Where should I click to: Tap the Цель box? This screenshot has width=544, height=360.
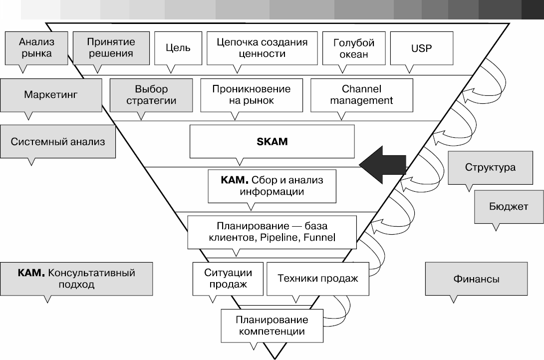click(178, 48)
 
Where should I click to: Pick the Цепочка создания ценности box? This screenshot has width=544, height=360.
click(262, 48)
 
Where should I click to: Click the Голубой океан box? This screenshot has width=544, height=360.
click(353, 48)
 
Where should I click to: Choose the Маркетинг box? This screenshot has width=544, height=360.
click(51, 94)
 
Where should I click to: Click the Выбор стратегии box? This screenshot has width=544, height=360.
click(151, 94)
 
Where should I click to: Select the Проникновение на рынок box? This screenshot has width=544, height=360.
click(251, 94)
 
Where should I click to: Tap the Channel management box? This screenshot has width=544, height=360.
click(361, 94)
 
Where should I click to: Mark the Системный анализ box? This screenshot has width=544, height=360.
click(58, 141)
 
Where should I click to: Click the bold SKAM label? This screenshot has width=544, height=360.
click(272, 141)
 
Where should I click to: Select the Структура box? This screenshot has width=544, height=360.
click(490, 167)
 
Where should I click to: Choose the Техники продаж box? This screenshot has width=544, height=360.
click(318, 279)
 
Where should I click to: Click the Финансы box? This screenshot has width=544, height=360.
click(476, 279)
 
